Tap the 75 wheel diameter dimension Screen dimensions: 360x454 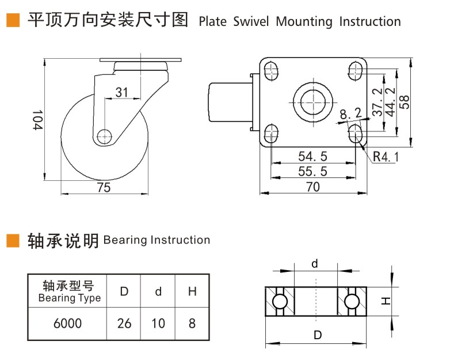(104, 187)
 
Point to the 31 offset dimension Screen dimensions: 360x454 (121, 92)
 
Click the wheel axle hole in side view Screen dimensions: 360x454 (104, 137)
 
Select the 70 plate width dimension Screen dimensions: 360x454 (313, 187)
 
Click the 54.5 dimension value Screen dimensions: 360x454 (313, 156)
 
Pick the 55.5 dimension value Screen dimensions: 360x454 (313, 171)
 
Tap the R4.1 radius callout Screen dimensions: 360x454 (385, 156)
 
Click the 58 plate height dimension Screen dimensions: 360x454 (405, 101)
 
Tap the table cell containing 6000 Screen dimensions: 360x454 (67, 323)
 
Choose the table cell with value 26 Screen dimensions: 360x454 (124, 323)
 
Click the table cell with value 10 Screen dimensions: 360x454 (158, 323)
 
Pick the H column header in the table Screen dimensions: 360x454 (192, 291)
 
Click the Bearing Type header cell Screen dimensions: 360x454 (68, 291)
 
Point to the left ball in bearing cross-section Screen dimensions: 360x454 (280, 302)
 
